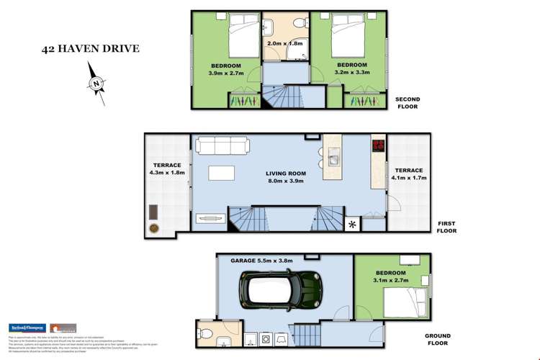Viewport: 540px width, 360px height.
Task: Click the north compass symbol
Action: click(x=96, y=84)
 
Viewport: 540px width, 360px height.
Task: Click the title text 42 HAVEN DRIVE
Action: click(x=91, y=49)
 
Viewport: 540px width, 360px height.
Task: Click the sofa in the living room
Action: click(x=222, y=147)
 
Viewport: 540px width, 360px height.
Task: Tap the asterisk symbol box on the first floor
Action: click(x=352, y=225)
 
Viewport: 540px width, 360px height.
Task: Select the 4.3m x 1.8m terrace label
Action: click(x=167, y=168)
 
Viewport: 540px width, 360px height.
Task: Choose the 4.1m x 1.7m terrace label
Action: click(x=408, y=174)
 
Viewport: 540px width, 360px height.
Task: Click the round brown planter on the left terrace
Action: click(x=154, y=228)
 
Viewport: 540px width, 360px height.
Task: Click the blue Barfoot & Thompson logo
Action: click(x=27, y=328)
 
